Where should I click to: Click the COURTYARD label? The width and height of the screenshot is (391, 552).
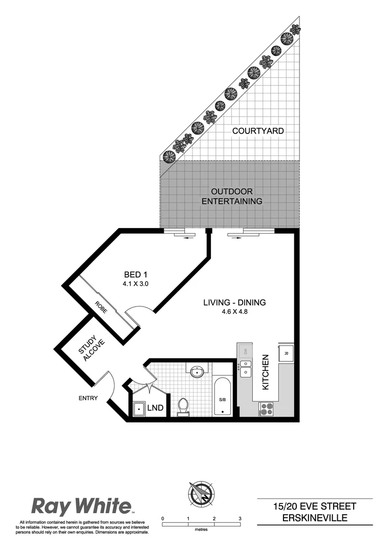pyautogui.click(x=258, y=131)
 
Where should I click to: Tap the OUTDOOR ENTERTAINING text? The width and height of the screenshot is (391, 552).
pyautogui.click(x=232, y=196)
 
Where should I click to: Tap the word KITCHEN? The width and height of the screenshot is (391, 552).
pyautogui.click(x=266, y=372)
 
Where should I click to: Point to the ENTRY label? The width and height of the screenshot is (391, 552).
pyautogui.click(x=88, y=398)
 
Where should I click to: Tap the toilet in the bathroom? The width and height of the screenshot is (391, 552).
pyautogui.click(x=183, y=405)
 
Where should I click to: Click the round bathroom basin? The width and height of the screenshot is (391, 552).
pyautogui.click(x=197, y=372)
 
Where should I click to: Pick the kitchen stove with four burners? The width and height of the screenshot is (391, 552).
pyautogui.click(x=267, y=408)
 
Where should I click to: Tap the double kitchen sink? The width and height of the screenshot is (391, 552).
pyautogui.click(x=246, y=368)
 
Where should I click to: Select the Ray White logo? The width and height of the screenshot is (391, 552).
pyautogui.click(x=82, y=507)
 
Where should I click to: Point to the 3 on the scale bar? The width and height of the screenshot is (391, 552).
pyautogui.click(x=240, y=518)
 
